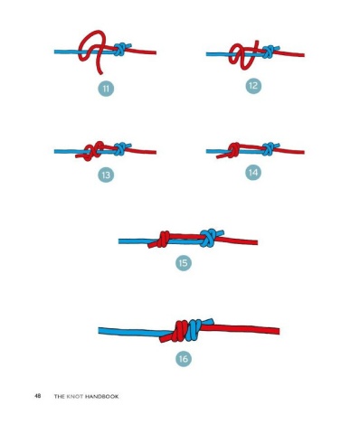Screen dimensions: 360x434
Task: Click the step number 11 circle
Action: tap(106, 89)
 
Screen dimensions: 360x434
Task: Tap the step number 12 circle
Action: tap(253, 86)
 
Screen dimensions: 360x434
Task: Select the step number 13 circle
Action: tap(106, 175)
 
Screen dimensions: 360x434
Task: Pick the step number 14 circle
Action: tap(253, 173)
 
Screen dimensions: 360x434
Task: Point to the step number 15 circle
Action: tap(184, 263)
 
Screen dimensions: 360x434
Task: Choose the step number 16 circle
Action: tap(184, 359)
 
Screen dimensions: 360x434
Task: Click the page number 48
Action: tap(38, 396)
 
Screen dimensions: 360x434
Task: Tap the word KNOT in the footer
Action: tap(75, 396)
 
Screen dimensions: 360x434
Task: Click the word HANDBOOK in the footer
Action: tap(101, 396)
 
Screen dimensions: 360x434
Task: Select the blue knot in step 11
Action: tap(120, 49)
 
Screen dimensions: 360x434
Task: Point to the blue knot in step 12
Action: tap(269, 52)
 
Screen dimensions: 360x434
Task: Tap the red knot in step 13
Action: tap(93, 151)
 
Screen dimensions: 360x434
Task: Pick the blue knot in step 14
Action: tap(269, 149)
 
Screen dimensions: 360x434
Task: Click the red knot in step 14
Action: tap(232, 150)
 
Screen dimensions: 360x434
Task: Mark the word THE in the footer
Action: tap(60, 396)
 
